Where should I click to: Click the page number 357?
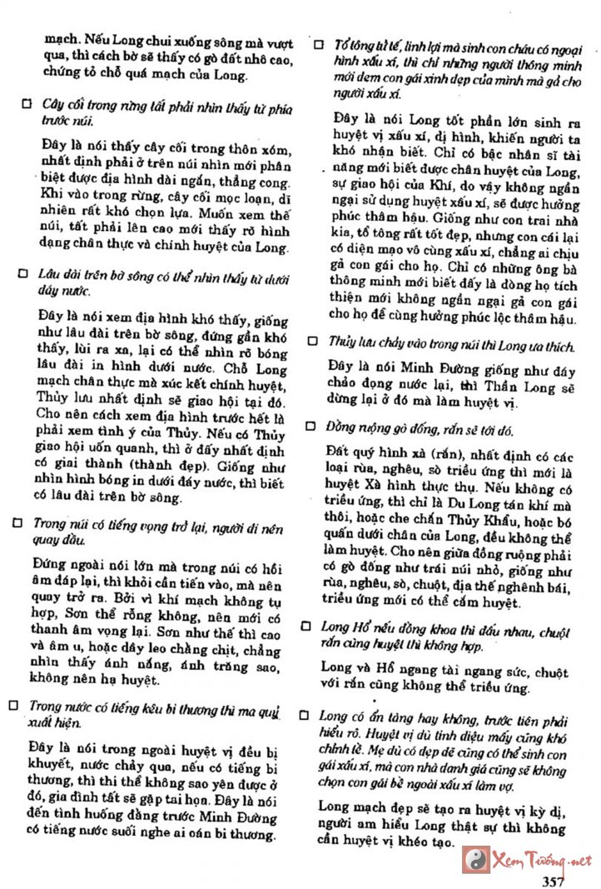click(x=554, y=881)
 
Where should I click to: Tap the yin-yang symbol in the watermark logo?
click(x=476, y=858)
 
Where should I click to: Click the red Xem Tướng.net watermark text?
click(x=542, y=860)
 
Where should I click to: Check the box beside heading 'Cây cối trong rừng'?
click(x=26, y=104)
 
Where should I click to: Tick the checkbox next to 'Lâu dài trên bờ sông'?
click(x=24, y=273)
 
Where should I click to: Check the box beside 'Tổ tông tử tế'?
click(x=317, y=43)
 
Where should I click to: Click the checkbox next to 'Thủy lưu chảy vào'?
click(x=312, y=341)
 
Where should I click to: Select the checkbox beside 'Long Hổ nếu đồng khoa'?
click(x=307, y=625)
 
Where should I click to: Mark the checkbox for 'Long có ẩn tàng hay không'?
click(x=305, y=715)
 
